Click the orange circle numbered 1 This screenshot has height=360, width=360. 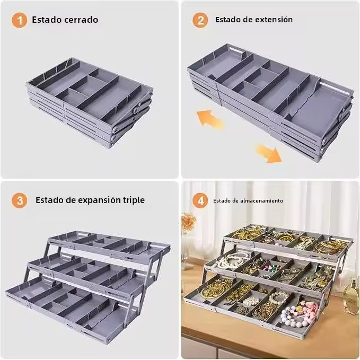20,20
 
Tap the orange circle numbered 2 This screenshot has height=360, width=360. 200,20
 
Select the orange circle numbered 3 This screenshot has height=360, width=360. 20,200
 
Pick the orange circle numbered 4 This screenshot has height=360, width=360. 200,200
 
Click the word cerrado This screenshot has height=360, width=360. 81,20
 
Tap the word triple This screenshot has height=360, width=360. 134,200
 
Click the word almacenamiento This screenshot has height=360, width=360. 261,200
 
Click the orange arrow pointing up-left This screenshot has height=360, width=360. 209,119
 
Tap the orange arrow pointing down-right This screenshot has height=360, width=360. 269,153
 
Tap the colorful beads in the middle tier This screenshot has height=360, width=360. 272,268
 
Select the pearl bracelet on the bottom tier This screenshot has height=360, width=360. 279,298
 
